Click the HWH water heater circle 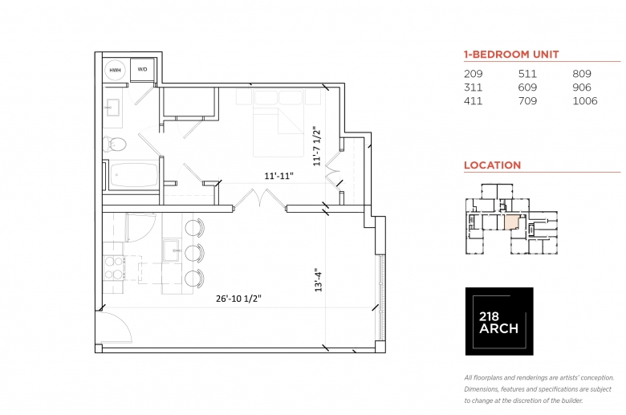point(116,70)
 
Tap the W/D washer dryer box point(143,70)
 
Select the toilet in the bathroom point(116,144)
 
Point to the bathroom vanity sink point(113,108)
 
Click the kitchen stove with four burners point(114,266)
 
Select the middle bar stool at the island point(193,253)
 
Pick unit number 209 point(474,73)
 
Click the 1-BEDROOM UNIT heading point(511,55)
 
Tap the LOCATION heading point(492,165)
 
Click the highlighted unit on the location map point(510,222)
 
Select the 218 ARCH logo point(499,321)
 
